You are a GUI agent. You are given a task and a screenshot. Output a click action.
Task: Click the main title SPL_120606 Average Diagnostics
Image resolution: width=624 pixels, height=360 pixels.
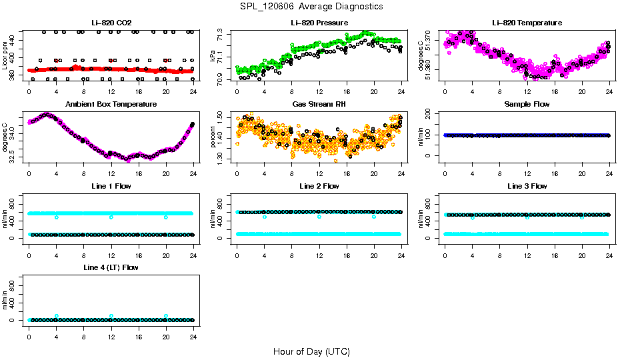[312, 6]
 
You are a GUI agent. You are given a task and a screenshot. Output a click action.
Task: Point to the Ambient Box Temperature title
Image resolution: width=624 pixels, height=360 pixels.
[111, 104]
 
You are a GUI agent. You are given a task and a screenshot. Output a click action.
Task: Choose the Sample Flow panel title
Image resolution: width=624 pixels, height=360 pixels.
[527, 104]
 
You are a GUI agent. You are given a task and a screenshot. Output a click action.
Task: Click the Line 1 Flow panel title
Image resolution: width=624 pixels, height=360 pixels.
[111, 186]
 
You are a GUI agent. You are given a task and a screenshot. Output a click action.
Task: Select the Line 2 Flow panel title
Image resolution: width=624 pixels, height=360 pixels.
[319, 186]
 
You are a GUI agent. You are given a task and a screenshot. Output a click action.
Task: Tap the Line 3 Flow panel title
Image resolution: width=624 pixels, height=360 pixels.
[527, 186]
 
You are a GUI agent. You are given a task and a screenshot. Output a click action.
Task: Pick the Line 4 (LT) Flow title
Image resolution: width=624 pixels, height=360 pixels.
[111, 267]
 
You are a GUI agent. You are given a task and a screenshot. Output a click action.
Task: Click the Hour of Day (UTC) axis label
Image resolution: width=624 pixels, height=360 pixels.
[311, 351]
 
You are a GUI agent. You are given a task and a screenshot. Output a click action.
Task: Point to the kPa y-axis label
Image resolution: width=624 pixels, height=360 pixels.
[213, 57]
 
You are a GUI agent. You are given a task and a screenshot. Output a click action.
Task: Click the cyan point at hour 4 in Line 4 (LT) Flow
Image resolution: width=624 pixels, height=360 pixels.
[57, 316]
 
